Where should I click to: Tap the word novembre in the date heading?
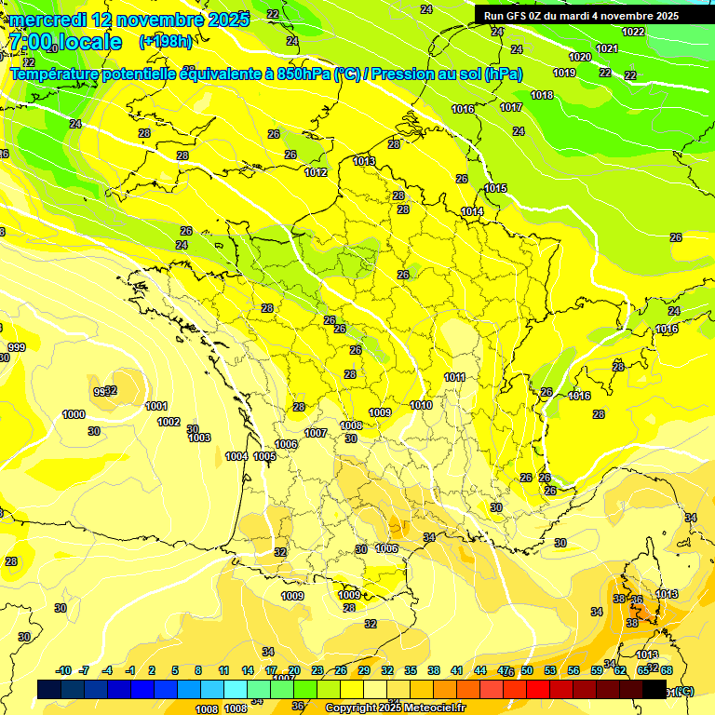pyautogui.click(x=144, y=19)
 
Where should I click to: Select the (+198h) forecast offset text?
pyautogui.click(x=166, y=41)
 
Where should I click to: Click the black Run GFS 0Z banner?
pyautogui.click(x=580, y=16)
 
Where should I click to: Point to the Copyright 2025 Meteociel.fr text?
pyautogui.click(x=395, y=708)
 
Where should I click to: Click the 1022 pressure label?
pyautogui.click(x=633, y=32)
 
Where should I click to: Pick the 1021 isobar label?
pyautogui.click(x=607, y=48)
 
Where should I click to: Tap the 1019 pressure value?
pyautogui.click(x=564, y=73)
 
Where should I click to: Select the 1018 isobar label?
pyautogui.click(x=542, y=95)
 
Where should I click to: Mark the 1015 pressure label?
pyautogui.click(x=495, y=189)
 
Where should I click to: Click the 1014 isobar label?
pyautogui.click(x=472, y=211)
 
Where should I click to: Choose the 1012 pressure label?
pyautogui.click(x=316, y=172)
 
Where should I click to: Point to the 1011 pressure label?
pyautogui.click(x=454, y=377)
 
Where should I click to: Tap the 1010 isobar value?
pyautogui.click(x=421, y=405)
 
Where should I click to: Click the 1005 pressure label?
pyautogui.click(x=264, y=456)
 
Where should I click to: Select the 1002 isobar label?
pyautogui.click(x=169, y=422)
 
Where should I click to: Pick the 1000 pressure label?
pyautogui.click(x=74, y=414)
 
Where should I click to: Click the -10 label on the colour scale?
pyautogui.click(x=64, y=670)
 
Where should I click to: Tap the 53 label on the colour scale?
pyautogui.click(x=549, y=670)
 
